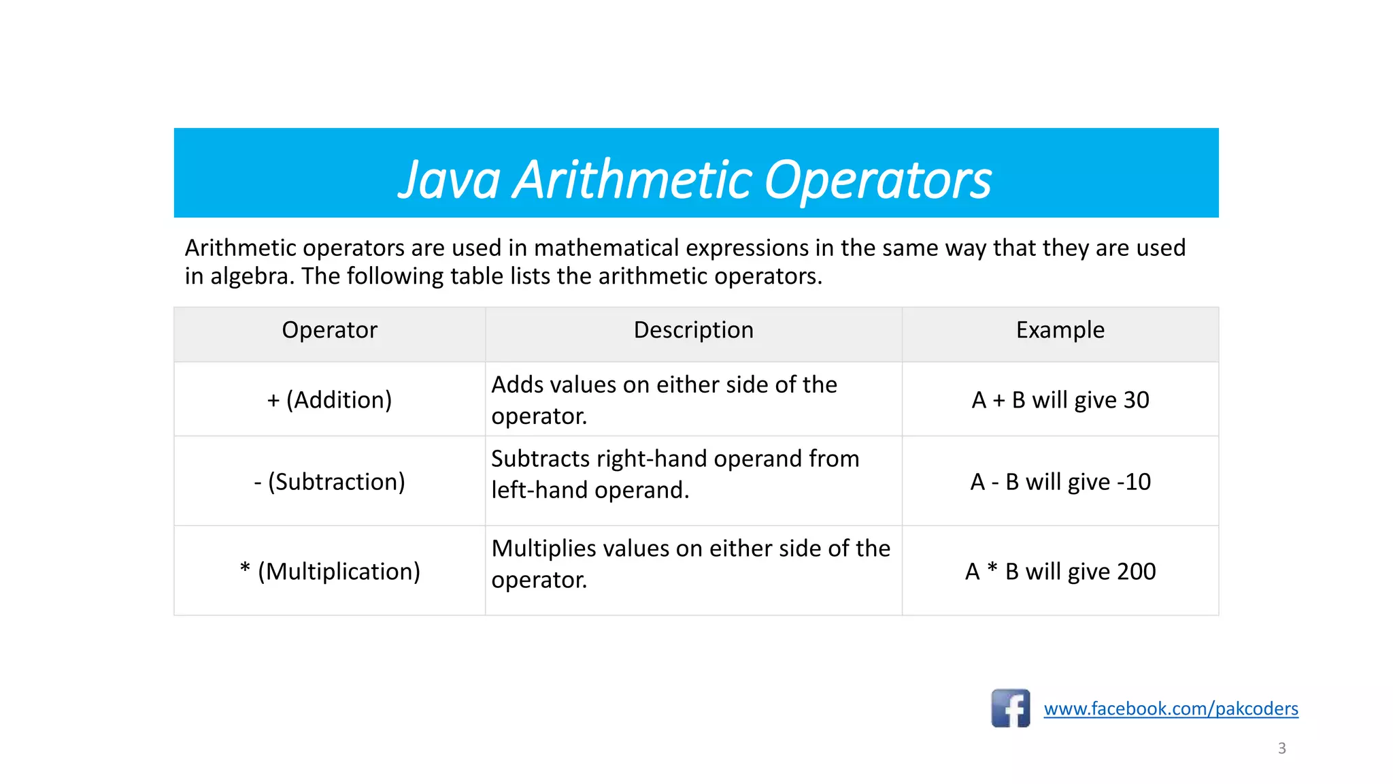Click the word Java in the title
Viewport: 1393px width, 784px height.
tap(449, 180)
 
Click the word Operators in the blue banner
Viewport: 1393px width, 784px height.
tap(877, 180)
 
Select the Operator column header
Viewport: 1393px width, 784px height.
tap(329, 330)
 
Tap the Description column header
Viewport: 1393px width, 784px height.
tap(693, 330)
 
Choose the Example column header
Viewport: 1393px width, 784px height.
tap(1060, 330)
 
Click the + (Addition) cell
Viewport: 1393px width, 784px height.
tap(329, 400)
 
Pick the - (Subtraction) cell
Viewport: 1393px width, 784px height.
tap(329, 482)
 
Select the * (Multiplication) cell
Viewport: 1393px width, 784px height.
tap(329, 572)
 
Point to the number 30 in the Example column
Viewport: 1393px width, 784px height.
tap(1136, 400)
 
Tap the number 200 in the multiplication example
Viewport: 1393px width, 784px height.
tap(1136, 572)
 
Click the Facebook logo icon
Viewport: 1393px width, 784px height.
tap(1010, 708)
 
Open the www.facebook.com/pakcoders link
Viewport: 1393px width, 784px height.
tap(1171, 709)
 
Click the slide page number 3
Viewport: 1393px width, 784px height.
tap(1281, 748)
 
